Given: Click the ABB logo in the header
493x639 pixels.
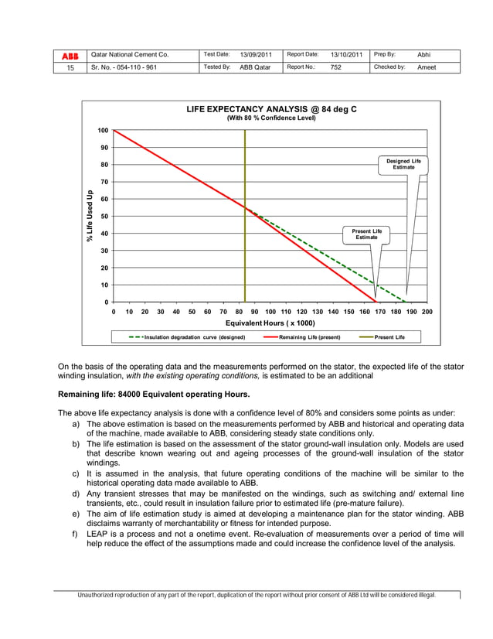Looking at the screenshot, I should [x=70, y=55].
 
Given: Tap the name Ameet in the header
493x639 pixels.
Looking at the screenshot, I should [x=427, y=67].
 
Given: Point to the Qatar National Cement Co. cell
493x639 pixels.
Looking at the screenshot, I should [x=129, y=55].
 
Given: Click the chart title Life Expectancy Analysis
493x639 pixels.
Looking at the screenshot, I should [x=271, y=109].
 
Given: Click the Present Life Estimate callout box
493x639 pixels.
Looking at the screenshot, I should [x=366, y=234].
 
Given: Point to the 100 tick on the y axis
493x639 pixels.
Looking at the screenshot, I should [x=102, y=131].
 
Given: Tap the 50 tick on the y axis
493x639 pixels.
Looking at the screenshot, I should [x=104, y=216].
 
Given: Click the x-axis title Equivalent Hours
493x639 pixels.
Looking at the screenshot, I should [x=270, y=323].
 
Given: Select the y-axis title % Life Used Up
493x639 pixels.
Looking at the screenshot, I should [x=90, y=217].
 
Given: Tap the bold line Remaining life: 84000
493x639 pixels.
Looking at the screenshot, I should [x=154, y=394].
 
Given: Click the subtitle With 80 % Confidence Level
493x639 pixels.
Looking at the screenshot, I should [x=271, y=118].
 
